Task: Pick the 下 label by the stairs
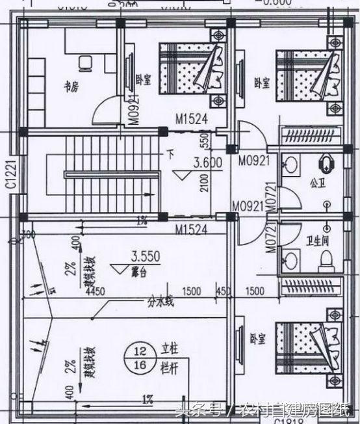pyautogui.click(x=170, y=155)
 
